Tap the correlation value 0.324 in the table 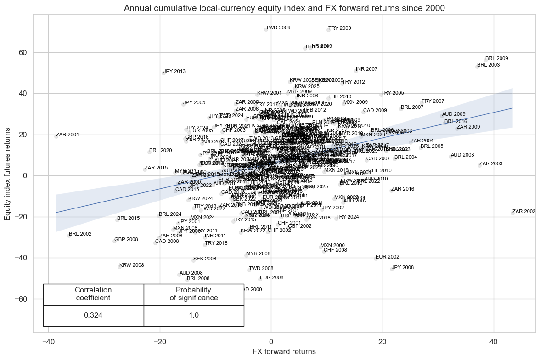point(93,315)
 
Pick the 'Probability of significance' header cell point(193,294)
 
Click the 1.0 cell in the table point(193,315)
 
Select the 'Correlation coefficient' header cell point(93,294)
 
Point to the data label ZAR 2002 point(523,212)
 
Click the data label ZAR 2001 point(67,135)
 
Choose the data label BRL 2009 point(496,59)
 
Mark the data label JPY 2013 point(174,72)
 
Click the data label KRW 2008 point(131,265)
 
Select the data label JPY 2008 point(402,267)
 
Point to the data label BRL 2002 point(79,234)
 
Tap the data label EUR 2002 point(387,257)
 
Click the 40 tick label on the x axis point(494,342)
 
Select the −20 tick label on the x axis point(159,342)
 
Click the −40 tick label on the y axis point(21,258)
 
